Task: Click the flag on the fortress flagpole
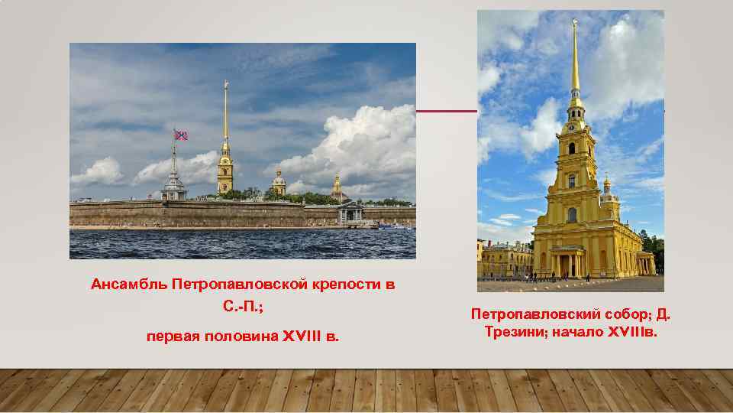(x=181, y=135)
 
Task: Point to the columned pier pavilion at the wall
(x=350, y=213)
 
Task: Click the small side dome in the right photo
(x=607, y=185)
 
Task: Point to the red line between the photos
(x=447, y=111)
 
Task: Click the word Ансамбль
(x=129, y=285)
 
